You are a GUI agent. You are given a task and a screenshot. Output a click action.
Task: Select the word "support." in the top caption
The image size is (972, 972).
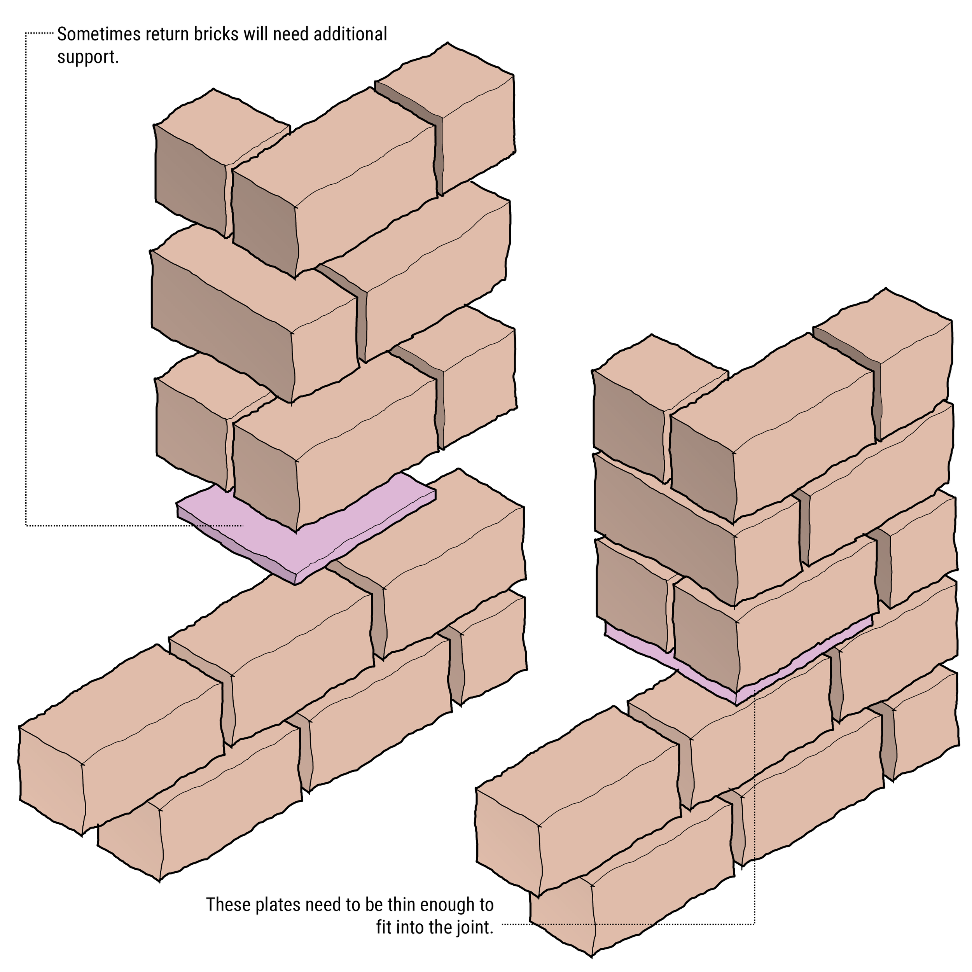coord(87,57)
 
